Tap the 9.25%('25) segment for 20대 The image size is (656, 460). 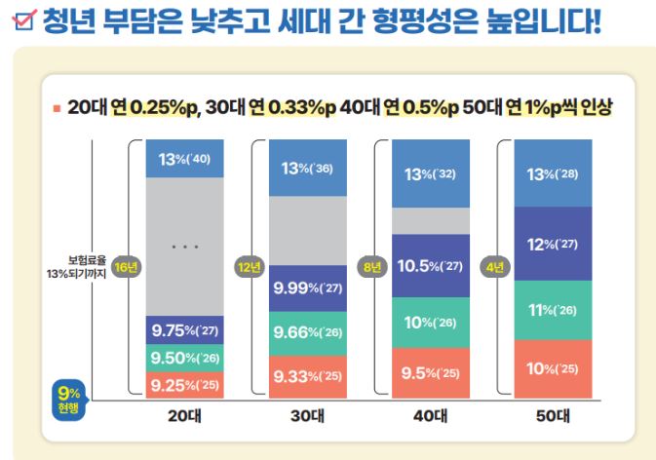tap(184, 384)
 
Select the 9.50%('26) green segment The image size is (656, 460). tap(184, 357)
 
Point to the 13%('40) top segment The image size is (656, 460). tap(184, 159)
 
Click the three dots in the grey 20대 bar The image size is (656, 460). tap(184, 248)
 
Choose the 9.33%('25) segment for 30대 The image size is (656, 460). tap(308, 375)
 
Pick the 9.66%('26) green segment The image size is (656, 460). tap(308, 333)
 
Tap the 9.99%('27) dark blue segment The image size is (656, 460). tap(308, 288)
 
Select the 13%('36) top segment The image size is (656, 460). tap(308, 168)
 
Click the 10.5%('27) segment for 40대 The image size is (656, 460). tap(431, 266)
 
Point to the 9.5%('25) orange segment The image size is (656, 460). tap(431, 371)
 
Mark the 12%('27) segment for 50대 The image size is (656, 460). tap(554, 244)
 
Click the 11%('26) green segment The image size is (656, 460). tap(554, 310)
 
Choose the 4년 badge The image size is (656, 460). tap(496, 266)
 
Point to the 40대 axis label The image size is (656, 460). tap(430, 415)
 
